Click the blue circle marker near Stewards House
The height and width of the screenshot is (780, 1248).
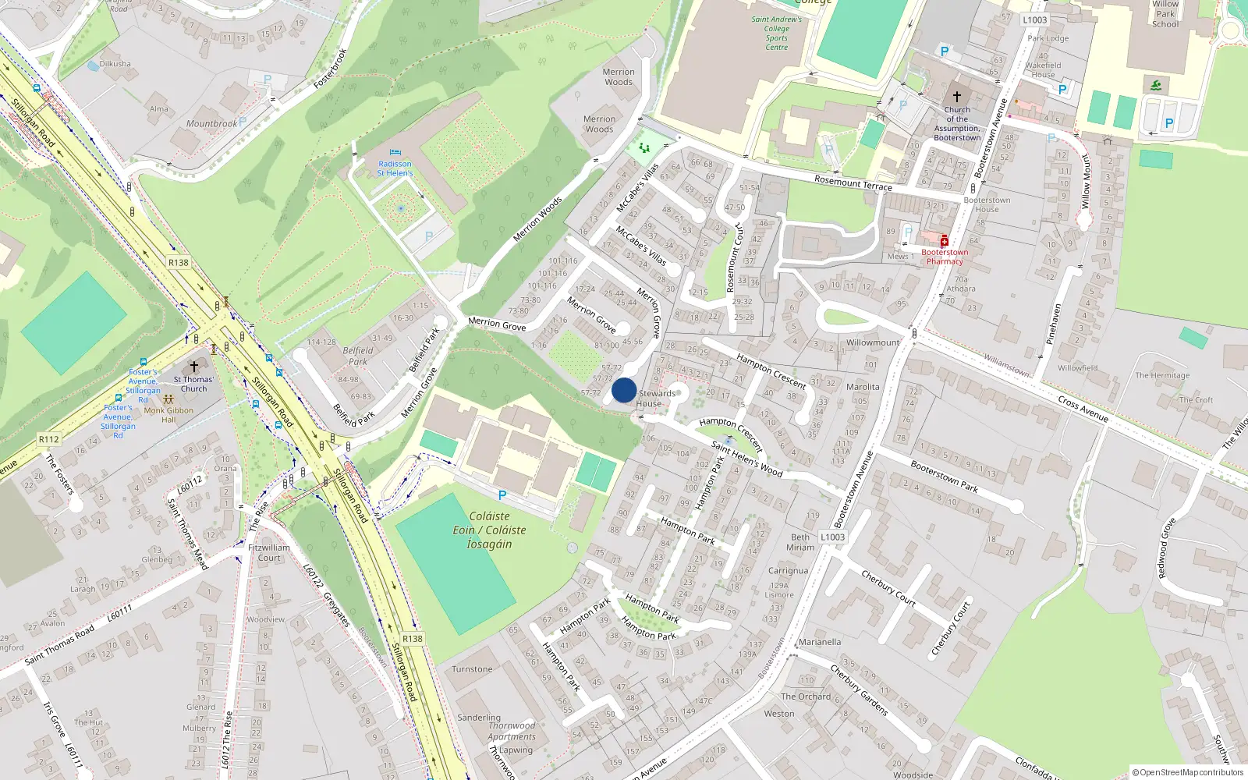click(624, 390)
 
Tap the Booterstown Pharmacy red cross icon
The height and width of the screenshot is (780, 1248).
click(944, 241)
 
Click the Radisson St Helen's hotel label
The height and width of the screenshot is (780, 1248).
click(395, 168)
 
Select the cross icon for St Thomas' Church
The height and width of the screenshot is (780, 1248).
click(194, 366)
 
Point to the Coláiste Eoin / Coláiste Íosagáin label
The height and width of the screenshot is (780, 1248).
click(489, 530)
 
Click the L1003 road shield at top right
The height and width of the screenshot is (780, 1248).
click(1035, 20)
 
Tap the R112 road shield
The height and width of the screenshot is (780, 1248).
click(49, 439)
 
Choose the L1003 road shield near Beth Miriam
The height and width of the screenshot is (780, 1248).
click(832, 537)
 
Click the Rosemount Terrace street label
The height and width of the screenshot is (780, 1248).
click(853, 183)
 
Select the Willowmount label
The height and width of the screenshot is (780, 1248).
click(873, 342)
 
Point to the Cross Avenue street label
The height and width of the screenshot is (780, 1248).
click(1083, 409)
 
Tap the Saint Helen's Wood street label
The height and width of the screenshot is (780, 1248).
click(746, 459)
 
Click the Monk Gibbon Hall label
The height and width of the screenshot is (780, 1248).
click(168, 415)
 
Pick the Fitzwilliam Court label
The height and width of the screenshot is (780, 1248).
click(269, 552)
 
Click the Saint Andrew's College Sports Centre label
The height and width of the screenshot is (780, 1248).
click(776, 34)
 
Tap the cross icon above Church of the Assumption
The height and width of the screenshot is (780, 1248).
click(957, 97)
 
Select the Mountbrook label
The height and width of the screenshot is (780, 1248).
click(211, 123)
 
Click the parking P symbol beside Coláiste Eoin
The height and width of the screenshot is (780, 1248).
click(502, 495)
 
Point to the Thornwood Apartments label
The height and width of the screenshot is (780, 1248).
click(512, 731)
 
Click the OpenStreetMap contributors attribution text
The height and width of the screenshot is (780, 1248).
click(1187, 772)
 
